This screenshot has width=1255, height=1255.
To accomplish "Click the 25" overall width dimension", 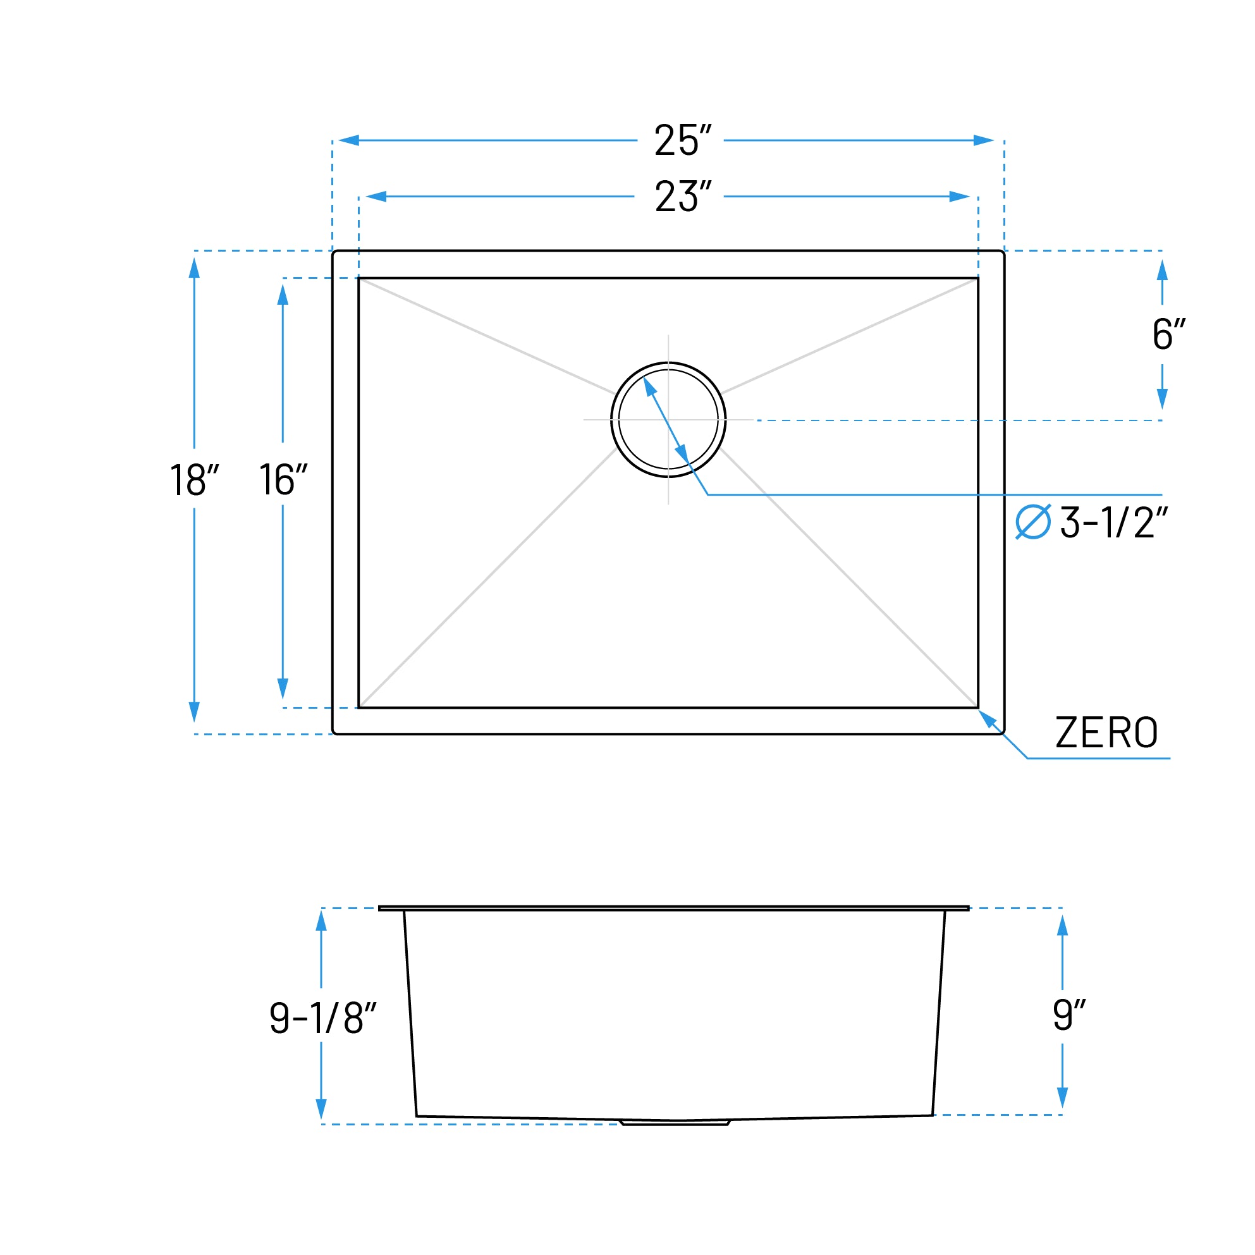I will pyautogui.click(x=682, y=140).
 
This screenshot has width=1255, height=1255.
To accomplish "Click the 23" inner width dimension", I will pyautogui.click(x=682, y=196).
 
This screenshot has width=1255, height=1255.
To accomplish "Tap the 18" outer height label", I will pyautogui.click(x=193, y=480).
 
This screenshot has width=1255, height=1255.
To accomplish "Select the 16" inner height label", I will pyautogui.click(x=283, y=479).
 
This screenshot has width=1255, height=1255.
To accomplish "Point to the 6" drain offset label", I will pyautogui.click(x=1167, y=334).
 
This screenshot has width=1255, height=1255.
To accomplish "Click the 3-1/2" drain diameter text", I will pyautogui.click(x=1113, y=522).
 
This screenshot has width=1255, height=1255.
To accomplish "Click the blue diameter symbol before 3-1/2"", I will pyautogui.click(x=1033, y=522).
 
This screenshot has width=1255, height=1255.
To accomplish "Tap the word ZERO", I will pyautogui.click(x=1106, y=733).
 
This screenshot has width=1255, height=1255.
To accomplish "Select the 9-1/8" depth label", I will pyautogui.click(x=323, y=1018).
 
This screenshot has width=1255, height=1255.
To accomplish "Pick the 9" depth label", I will pyautogui.click(x=1068, y=1014).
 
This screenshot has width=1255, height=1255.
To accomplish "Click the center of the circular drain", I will pyautogui.click(x=668, y=420).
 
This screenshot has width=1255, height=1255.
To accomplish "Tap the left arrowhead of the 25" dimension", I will pyautogui.click(x=349, y=140).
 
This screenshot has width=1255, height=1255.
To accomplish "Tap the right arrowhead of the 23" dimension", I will pyautogui.click(x=960, y=196).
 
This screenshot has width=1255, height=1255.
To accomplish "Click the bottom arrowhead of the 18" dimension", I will pyautogui.click(x=194, y=711).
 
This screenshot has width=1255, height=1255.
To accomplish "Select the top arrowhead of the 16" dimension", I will pyautogui.click(x=283, y=294).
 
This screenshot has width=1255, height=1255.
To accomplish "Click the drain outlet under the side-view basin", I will pyautogui.click(x=676, y=1122).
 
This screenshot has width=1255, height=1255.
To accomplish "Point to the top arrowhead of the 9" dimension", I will pyautogui.click(x=1063, y=925).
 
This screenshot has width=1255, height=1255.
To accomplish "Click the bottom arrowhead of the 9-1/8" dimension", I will pyautogui.click(x=321, y=1109).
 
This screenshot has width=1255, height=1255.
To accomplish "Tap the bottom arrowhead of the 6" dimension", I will pyautogui.click(x=1162, y=398).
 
